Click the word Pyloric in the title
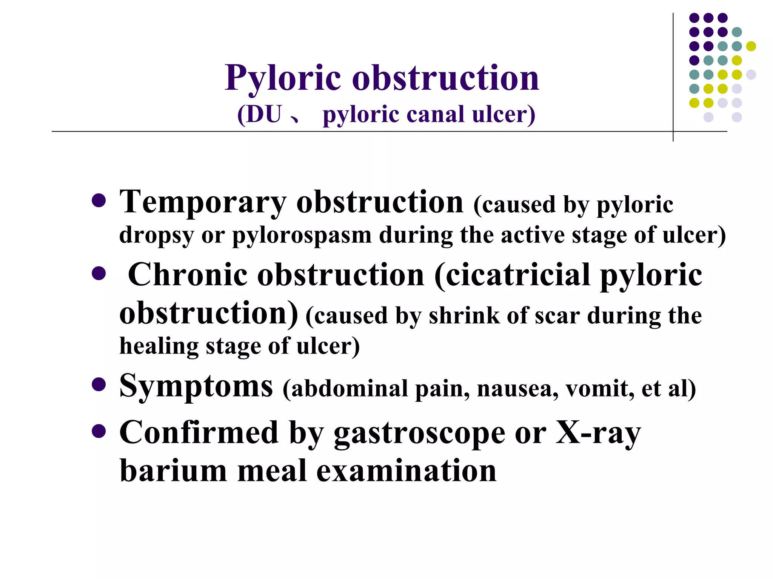click(x=283, y=78)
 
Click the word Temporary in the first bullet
click(x=203, y=202)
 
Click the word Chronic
click(x=188, y=275)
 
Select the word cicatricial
click(x=517, y=275)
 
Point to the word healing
click(x=159, y=346)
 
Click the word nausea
click(x=517, y=389)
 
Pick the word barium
click(x=173, y=471)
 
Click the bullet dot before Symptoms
click(x=99, y=385)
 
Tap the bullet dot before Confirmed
click(x=99, y=431)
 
